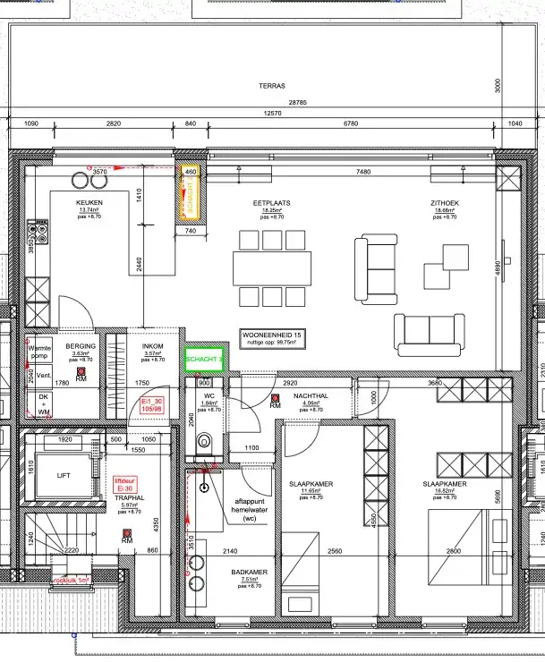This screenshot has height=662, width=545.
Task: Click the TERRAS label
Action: coord(272,86)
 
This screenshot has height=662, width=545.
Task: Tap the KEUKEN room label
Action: coord(89,204)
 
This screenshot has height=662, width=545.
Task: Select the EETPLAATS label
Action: coord(272,204)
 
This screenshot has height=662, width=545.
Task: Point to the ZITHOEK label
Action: coord(445,204)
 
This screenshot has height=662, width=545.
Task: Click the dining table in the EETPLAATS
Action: coord(272,266)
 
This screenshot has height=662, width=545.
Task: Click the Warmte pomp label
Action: coord(40,350)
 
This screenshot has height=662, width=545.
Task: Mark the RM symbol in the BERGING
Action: coord(81,373)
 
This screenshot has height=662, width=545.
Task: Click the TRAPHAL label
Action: coord(130,496)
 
